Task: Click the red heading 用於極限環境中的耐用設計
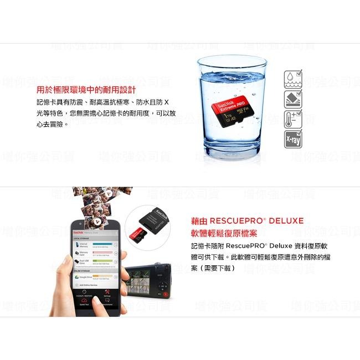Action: [x=86, y=90]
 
